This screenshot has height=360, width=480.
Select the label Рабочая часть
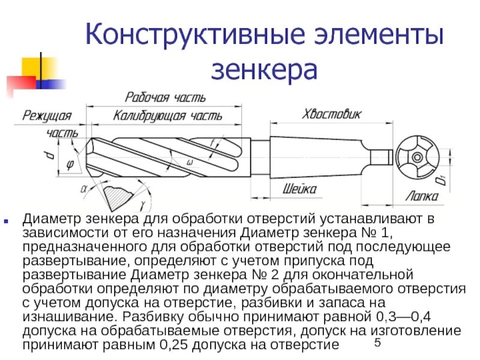pos(165,97)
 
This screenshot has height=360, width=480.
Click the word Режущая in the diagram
pos(47,116)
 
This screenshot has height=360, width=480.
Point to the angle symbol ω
pos(190,162)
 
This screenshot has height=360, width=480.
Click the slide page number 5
pos(377,343)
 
